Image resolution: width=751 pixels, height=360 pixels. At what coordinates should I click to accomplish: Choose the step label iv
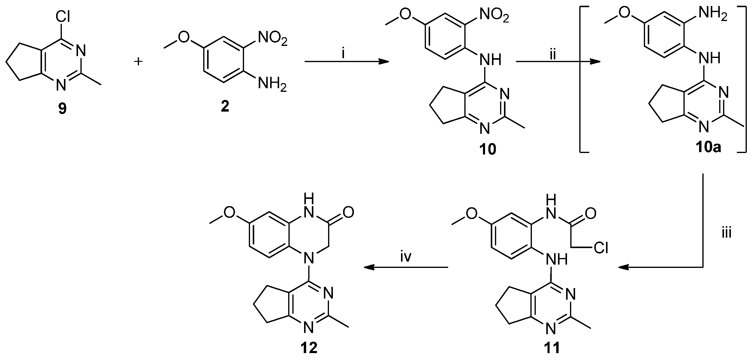pyautogui.click(x=406, y=257)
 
